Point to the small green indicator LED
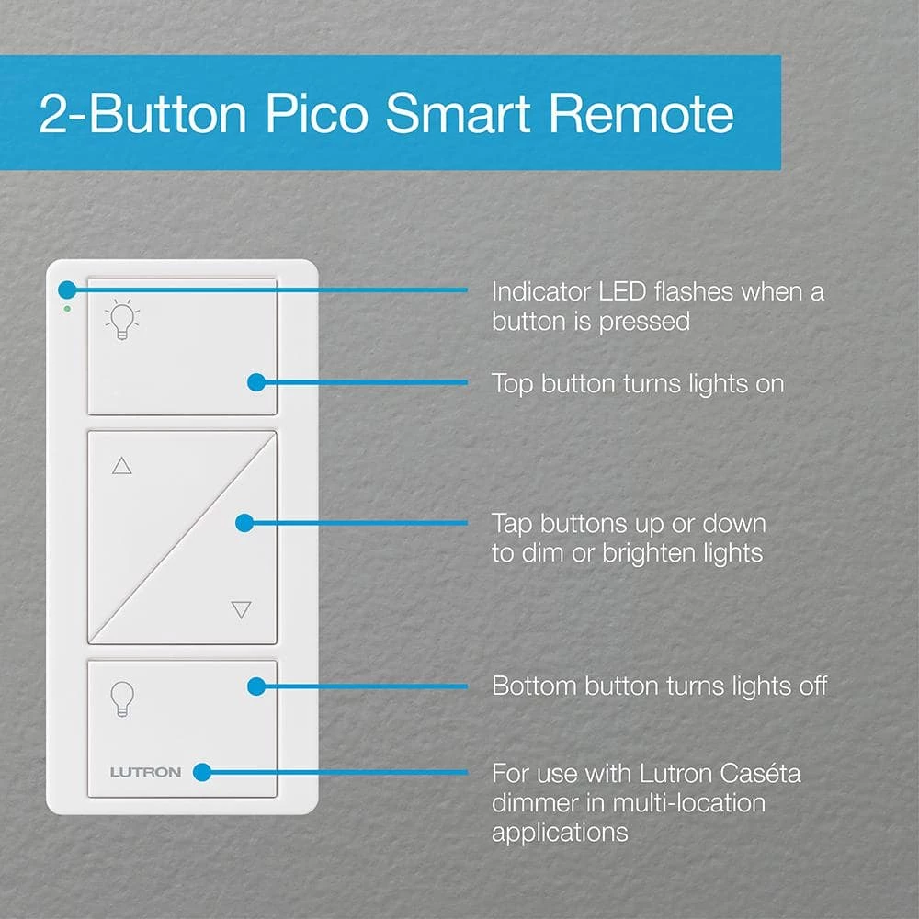click(67, 309)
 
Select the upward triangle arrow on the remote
click(121, 466)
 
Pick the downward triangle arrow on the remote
click(241, 609)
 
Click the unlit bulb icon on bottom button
click(121, 699)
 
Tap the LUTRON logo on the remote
click(145, 772)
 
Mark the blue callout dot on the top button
click(256, 382)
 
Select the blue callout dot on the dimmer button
click(244, 523)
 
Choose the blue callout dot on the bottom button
click(256, 686)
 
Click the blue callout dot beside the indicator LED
click(66, 290)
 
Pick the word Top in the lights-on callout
click(512, 383)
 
